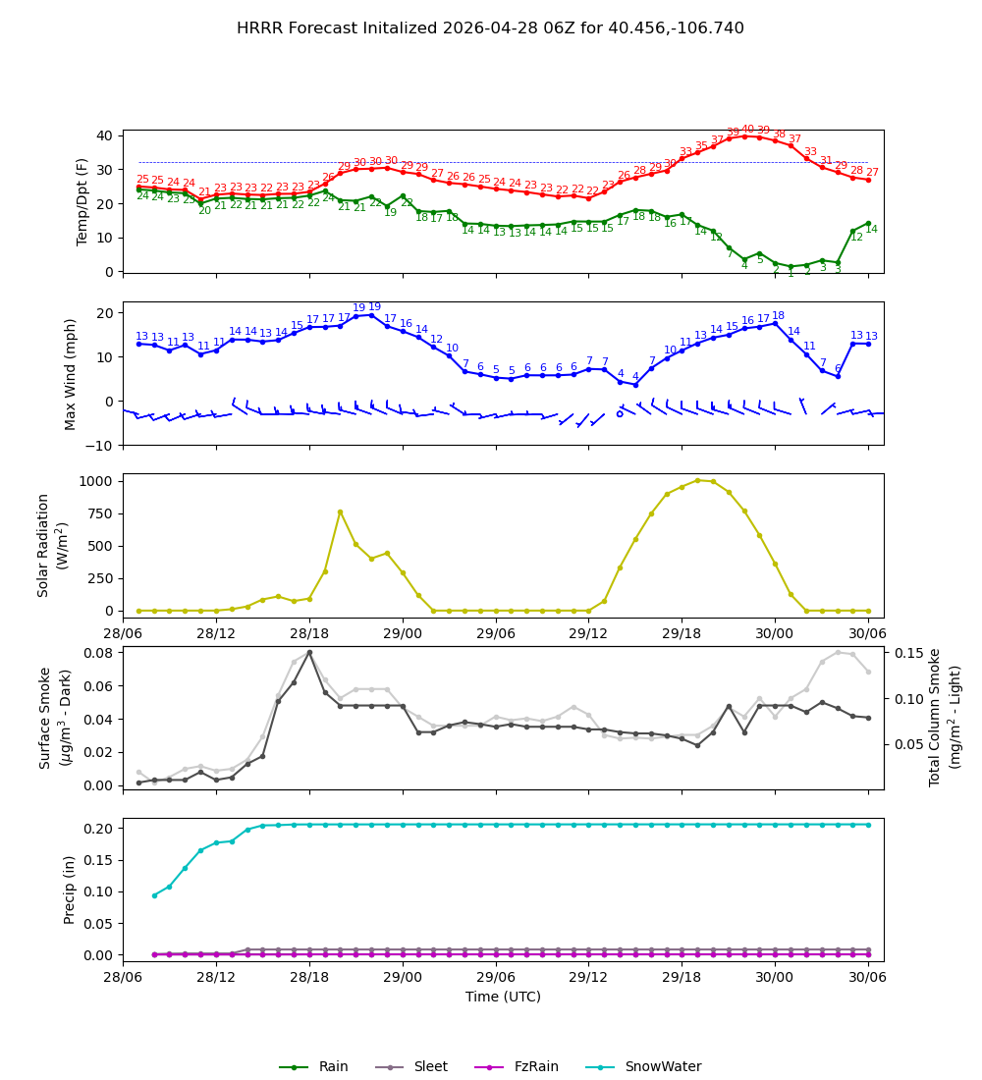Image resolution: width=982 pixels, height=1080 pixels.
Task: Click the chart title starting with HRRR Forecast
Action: (x=490, y=28)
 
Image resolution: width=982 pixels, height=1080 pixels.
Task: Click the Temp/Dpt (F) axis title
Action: (x=82, y=201)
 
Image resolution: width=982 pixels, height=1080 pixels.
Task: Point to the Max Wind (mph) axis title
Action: (x=71, y=373)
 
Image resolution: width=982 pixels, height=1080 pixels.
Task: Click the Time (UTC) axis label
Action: (x=503, y=997)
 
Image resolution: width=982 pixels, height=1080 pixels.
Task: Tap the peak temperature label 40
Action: (x=747, y=130)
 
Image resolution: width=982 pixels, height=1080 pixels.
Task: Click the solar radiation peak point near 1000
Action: (x=697, y=480)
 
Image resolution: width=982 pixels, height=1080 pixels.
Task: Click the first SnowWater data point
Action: (x=154, y=895)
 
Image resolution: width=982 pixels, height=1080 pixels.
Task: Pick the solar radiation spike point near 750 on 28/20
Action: (x=340, y=512)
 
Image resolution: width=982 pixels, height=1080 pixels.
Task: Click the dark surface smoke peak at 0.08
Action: (x=309, y=652)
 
